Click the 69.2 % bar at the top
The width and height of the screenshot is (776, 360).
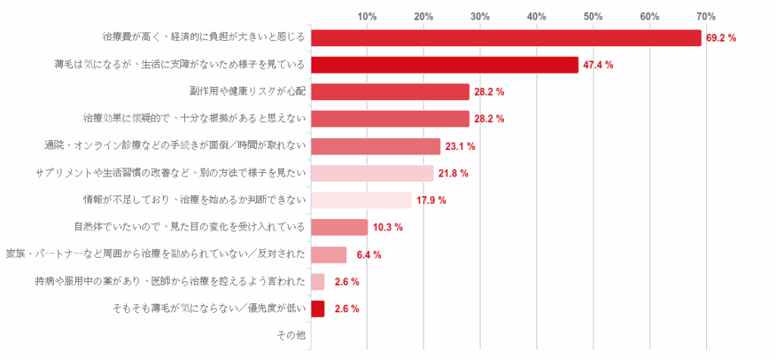506,38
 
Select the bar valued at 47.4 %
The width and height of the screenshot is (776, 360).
445,65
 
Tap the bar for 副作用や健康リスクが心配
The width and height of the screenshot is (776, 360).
390,92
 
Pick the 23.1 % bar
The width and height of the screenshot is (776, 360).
376,146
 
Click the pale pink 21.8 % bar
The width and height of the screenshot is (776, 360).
372,174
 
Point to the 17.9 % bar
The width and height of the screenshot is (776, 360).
361,200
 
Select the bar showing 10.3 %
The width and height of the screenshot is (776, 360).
339,227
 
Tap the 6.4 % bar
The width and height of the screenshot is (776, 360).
329,255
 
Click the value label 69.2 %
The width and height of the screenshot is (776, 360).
721,38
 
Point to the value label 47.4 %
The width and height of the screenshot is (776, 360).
598,65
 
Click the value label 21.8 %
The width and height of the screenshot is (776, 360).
453,174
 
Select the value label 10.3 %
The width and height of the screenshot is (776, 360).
388,227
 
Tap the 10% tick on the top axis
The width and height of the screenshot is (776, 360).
367,16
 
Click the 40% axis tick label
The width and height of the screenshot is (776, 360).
537,16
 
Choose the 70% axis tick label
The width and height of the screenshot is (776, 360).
706,16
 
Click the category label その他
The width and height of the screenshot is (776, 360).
292,335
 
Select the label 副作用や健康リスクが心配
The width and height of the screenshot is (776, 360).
248,91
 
